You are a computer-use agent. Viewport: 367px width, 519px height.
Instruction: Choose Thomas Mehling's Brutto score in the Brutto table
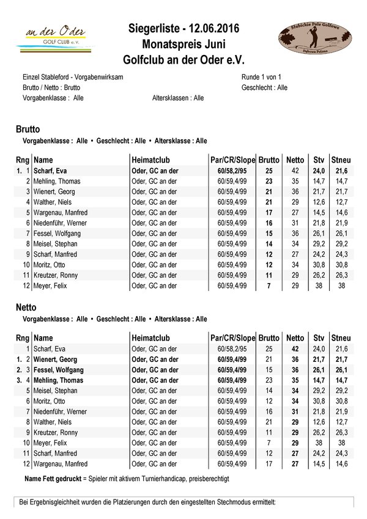tap(268, 181)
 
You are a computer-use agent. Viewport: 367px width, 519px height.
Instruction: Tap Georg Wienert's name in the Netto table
tap(55, 359)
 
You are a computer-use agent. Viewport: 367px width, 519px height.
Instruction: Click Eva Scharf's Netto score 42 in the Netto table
tap(295, 348)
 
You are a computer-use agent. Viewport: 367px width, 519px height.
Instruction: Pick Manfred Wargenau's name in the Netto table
tap(60, 464)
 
